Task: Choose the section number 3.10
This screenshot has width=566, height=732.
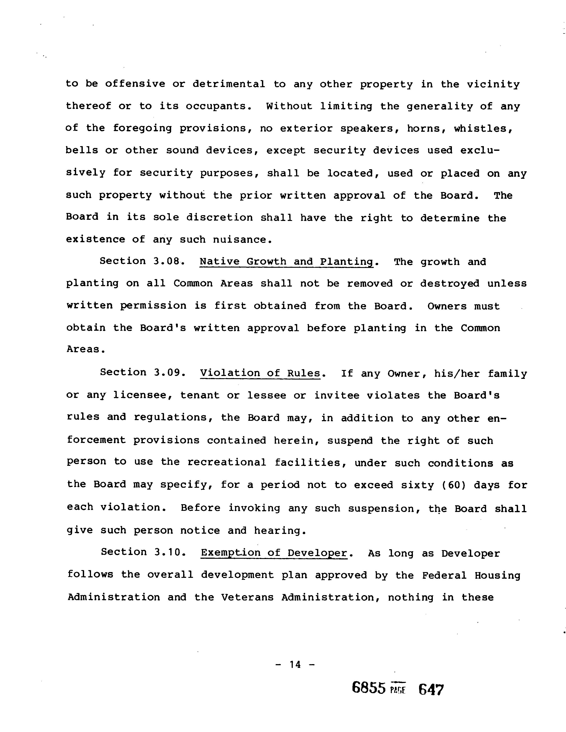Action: (168, 552)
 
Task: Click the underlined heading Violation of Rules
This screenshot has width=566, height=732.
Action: (260, 373)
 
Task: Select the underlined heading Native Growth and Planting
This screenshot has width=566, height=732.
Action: (287, 262)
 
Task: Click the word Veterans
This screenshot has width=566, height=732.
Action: (247, 597)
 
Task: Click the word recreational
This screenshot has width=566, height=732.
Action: (227, 462)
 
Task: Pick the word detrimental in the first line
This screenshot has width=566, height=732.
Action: (229, 84)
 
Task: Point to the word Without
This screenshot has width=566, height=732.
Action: (289, 106)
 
